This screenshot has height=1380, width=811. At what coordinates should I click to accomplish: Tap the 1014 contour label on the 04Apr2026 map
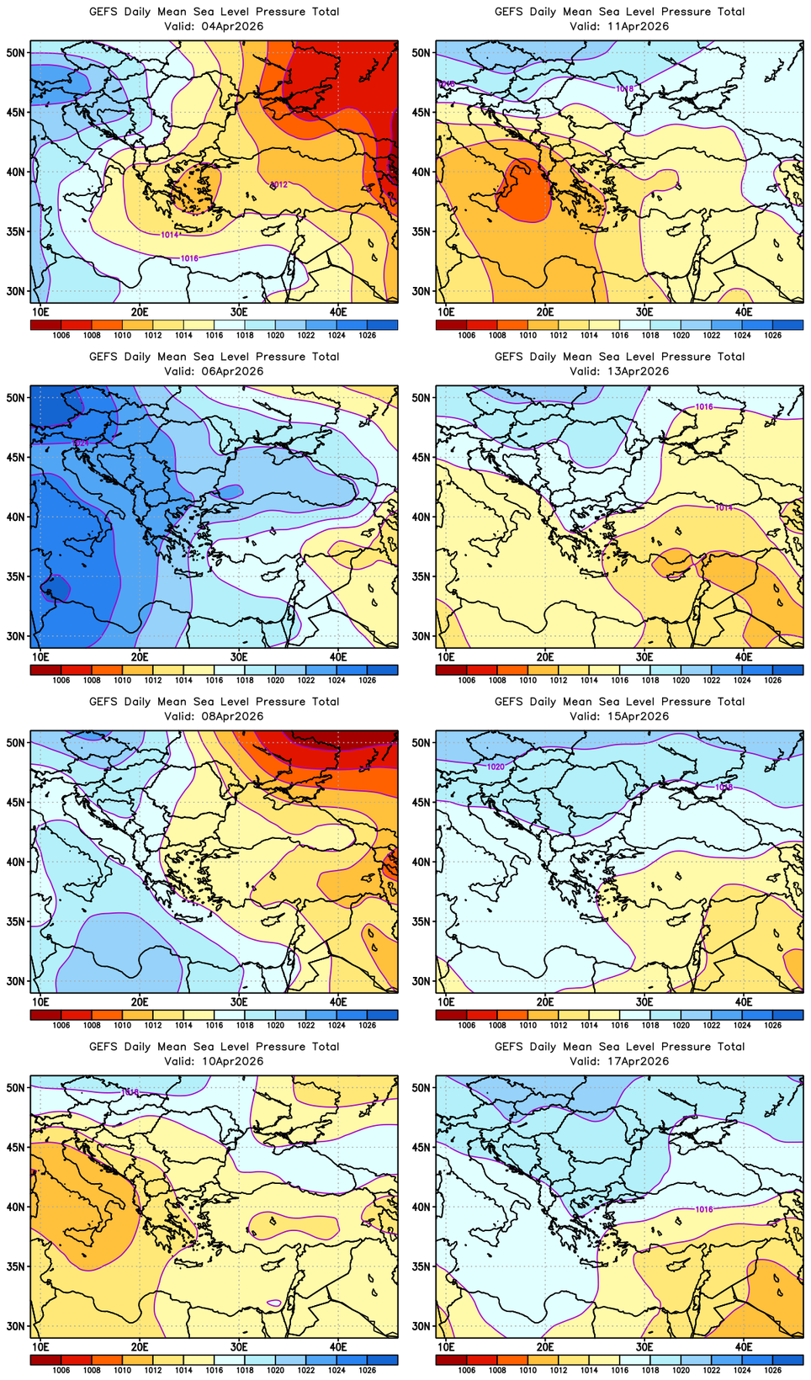[169, 235]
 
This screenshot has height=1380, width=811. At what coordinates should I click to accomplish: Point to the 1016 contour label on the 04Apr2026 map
[189, 258]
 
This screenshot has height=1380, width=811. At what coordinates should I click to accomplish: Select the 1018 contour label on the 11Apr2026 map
[624, 88]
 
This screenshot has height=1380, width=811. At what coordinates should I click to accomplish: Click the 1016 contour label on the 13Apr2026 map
[704, 407]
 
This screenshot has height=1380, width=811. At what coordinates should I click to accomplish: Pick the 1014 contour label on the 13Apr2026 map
[724, 508]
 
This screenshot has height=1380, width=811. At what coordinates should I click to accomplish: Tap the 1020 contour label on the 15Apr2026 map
[496, 767]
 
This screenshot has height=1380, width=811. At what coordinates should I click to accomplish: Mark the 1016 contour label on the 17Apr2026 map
[704, 1209]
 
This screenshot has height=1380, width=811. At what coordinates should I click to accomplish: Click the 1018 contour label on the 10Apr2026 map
[130, 1092]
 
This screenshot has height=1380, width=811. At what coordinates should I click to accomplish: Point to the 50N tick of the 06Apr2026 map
[16, 397]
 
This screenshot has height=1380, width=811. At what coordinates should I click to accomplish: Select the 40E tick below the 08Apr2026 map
[338, 1002]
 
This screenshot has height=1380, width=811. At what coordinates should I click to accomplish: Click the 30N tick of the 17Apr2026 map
[421, 1326]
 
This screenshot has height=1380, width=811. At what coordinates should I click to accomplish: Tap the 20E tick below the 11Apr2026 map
[545, 312]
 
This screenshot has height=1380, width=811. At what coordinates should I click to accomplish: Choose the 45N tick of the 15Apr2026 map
[421, 802]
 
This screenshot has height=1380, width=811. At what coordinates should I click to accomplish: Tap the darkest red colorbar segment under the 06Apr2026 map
[45, 670]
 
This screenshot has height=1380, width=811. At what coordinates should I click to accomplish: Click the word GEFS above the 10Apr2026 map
[103, 1047]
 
